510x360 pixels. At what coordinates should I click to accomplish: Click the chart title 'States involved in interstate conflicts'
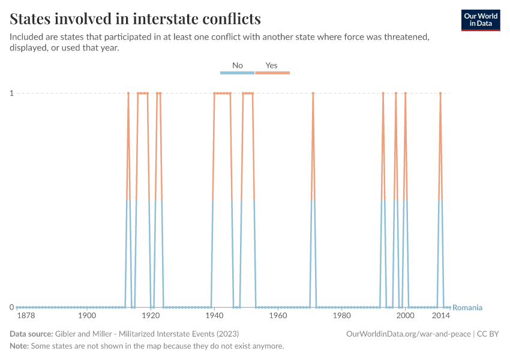[x=136, y=19]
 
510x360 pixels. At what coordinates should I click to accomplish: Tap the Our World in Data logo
[x=481, y=20]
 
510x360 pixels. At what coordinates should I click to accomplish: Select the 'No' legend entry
[x=238, y=65]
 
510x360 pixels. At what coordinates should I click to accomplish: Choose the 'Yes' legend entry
[x=272, y=65]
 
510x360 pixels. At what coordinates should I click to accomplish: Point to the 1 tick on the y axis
[x=11, y=93]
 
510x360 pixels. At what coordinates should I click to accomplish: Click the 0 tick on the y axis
[x=11, y=307]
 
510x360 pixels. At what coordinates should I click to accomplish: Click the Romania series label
[x=467, y=308]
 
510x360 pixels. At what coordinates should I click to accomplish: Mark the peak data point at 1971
[x=313, y=93]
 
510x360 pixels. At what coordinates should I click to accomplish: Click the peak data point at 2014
[x=440, y=93]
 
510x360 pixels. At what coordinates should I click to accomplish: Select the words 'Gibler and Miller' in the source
[x=82, y=334]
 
